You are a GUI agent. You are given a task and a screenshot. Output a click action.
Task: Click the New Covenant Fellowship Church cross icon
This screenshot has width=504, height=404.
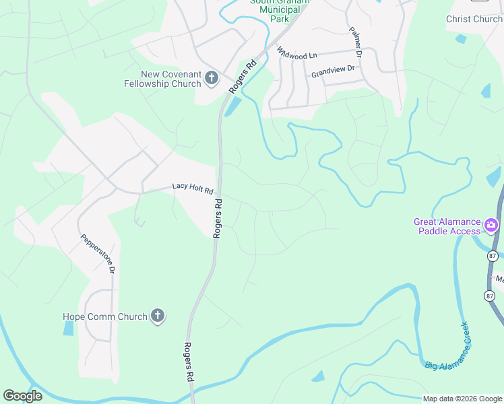(211, 79)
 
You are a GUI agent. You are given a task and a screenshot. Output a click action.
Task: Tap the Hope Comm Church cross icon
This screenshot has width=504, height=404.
(157, 316)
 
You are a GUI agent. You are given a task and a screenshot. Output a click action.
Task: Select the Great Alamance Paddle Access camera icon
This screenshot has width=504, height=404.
(492, 224)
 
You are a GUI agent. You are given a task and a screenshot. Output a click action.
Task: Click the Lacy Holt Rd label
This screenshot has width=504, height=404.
(193, 187)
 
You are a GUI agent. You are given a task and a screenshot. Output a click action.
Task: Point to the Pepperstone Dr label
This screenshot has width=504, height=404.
(98, 253)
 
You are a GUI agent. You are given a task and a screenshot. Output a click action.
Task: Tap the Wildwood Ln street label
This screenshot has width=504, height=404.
(293, 55)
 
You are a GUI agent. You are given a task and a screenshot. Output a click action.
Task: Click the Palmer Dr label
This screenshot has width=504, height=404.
(356, 42)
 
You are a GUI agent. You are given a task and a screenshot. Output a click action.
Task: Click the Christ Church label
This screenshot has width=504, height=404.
(474, 19)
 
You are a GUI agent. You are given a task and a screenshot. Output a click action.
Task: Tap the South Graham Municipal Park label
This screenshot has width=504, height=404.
(280, 10)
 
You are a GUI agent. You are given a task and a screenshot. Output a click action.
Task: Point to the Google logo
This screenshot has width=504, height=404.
(22, 396)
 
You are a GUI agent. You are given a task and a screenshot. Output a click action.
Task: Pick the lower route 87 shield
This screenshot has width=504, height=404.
(489, 296)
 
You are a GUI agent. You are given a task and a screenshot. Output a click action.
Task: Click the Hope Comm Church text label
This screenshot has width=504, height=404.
(104, 316)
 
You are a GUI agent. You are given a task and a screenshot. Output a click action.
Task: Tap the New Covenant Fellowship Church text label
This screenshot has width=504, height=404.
(163, 79)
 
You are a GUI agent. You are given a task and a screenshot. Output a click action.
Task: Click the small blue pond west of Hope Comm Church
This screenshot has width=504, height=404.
(68, 328)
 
